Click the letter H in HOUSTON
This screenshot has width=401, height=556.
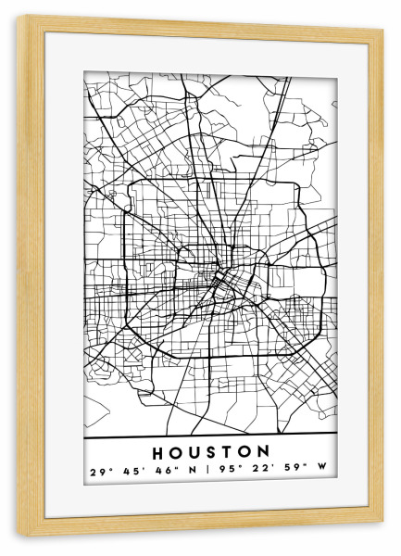pos(154,453)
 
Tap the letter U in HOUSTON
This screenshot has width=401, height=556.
pos(192,453)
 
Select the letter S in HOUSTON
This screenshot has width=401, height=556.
pos(210,453)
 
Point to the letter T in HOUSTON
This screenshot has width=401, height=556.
pos(228,453)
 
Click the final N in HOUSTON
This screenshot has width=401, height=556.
pos(265,453)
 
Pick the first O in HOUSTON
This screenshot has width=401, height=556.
pos(172,453)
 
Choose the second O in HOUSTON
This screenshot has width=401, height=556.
pos(245,453)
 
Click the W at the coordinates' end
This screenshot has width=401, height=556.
pos(323,472)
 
